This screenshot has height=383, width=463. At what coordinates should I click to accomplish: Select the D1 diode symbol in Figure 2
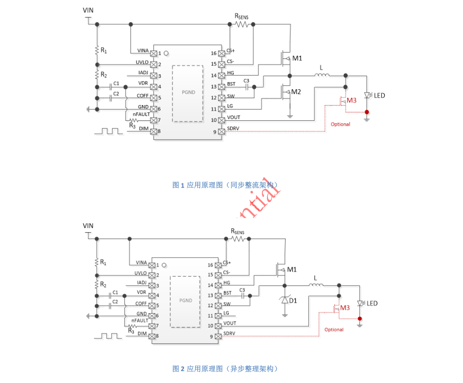(x=285, y=300)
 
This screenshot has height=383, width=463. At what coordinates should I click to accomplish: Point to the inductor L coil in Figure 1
(x=322, y=75)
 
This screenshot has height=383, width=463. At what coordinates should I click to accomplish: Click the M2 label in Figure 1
(x=296, y=92)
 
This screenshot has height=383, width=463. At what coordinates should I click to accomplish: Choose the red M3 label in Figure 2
(x=345, y=308)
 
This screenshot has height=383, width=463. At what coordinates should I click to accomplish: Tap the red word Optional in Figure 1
(x=340, y=124)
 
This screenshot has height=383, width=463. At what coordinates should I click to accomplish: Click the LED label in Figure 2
(x=372, y=303)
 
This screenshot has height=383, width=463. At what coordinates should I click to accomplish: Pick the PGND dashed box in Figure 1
(x=187, y=93)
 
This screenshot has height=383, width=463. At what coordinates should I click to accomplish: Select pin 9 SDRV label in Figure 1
(x=233, y=129)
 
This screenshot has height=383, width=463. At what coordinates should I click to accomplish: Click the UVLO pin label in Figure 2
(x=141, y=273)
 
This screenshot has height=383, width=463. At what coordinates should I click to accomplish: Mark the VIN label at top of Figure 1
(x=88, y=10)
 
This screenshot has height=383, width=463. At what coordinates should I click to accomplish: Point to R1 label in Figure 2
(x=103, y=262)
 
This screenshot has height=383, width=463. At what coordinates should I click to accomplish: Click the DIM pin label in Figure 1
(x=144, y=129)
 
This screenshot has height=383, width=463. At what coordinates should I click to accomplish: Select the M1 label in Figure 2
(x=292, y=270)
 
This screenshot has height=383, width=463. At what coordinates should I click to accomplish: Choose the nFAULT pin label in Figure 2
(x=141, y=321)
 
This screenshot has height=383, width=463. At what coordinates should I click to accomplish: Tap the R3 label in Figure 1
(x=132, y=125)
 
